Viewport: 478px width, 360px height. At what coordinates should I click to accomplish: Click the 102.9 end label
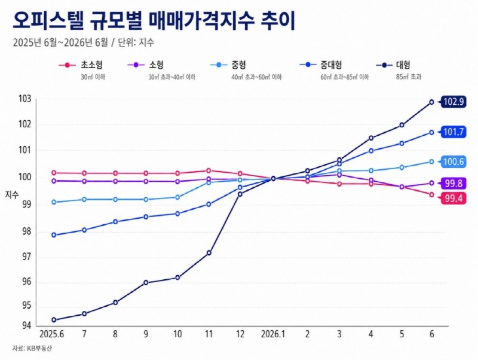point(454,102)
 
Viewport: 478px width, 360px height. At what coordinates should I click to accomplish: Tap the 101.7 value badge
point(454,132)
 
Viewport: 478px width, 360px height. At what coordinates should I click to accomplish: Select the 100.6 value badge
point(454,161)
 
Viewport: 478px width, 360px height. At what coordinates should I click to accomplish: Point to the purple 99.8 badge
point(454,184)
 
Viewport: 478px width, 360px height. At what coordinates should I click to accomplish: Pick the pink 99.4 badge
point(454,199)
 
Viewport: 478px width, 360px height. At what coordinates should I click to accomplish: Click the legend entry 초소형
point(81,65)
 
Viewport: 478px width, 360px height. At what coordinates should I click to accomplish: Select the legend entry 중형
point(228,65)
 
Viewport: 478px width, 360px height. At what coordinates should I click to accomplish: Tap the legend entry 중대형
point(321,65)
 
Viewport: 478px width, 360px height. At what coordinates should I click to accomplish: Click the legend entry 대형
point(393,65)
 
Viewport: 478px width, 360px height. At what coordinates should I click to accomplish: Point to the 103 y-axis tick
point(25,99)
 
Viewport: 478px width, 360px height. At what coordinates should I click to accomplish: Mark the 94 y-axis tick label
point(27,326)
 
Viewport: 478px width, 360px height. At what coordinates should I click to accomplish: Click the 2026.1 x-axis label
point(273,334)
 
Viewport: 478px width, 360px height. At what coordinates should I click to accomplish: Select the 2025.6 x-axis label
point(52,334)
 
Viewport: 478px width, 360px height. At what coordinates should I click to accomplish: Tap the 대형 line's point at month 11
point(209,253)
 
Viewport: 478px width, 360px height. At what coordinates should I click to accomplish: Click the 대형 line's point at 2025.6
point(54,320)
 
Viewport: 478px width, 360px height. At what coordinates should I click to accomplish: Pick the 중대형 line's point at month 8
point(115,222)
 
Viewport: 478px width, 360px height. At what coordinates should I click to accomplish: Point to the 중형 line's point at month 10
point(177,197)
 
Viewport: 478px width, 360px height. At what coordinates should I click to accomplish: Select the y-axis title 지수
point(12,196)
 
